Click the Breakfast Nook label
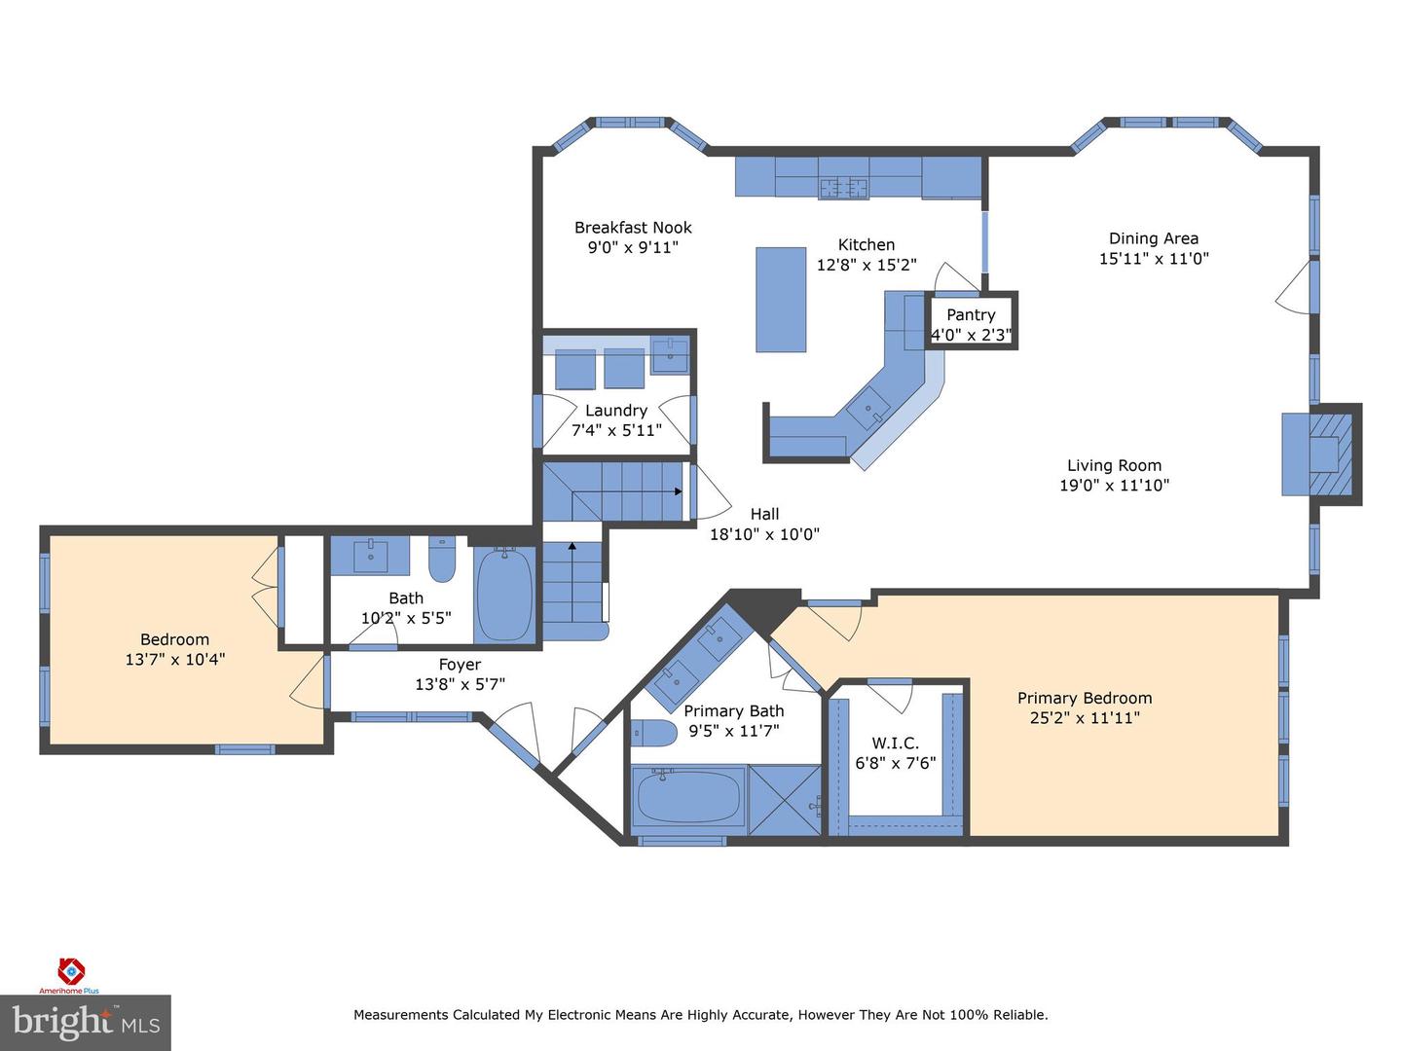point(633,228)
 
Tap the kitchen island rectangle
point(781,299)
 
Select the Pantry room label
point(971,315)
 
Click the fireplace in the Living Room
point(1324,454)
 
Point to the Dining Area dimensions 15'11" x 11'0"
point(1154,259)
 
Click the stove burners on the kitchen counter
point(843,188)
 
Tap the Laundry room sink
point(669,356)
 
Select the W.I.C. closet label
point(896,743)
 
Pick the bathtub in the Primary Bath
point(688,798)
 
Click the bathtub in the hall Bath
point(504,595)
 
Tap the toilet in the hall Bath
point(442,558)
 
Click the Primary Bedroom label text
point(1085,698)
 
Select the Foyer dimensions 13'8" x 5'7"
point(460,684)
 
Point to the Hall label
point(764,514)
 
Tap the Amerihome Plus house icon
point(71,970)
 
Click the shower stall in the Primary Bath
point(785,800)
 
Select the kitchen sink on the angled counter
point(867,408)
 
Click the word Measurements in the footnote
point(401,1015)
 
